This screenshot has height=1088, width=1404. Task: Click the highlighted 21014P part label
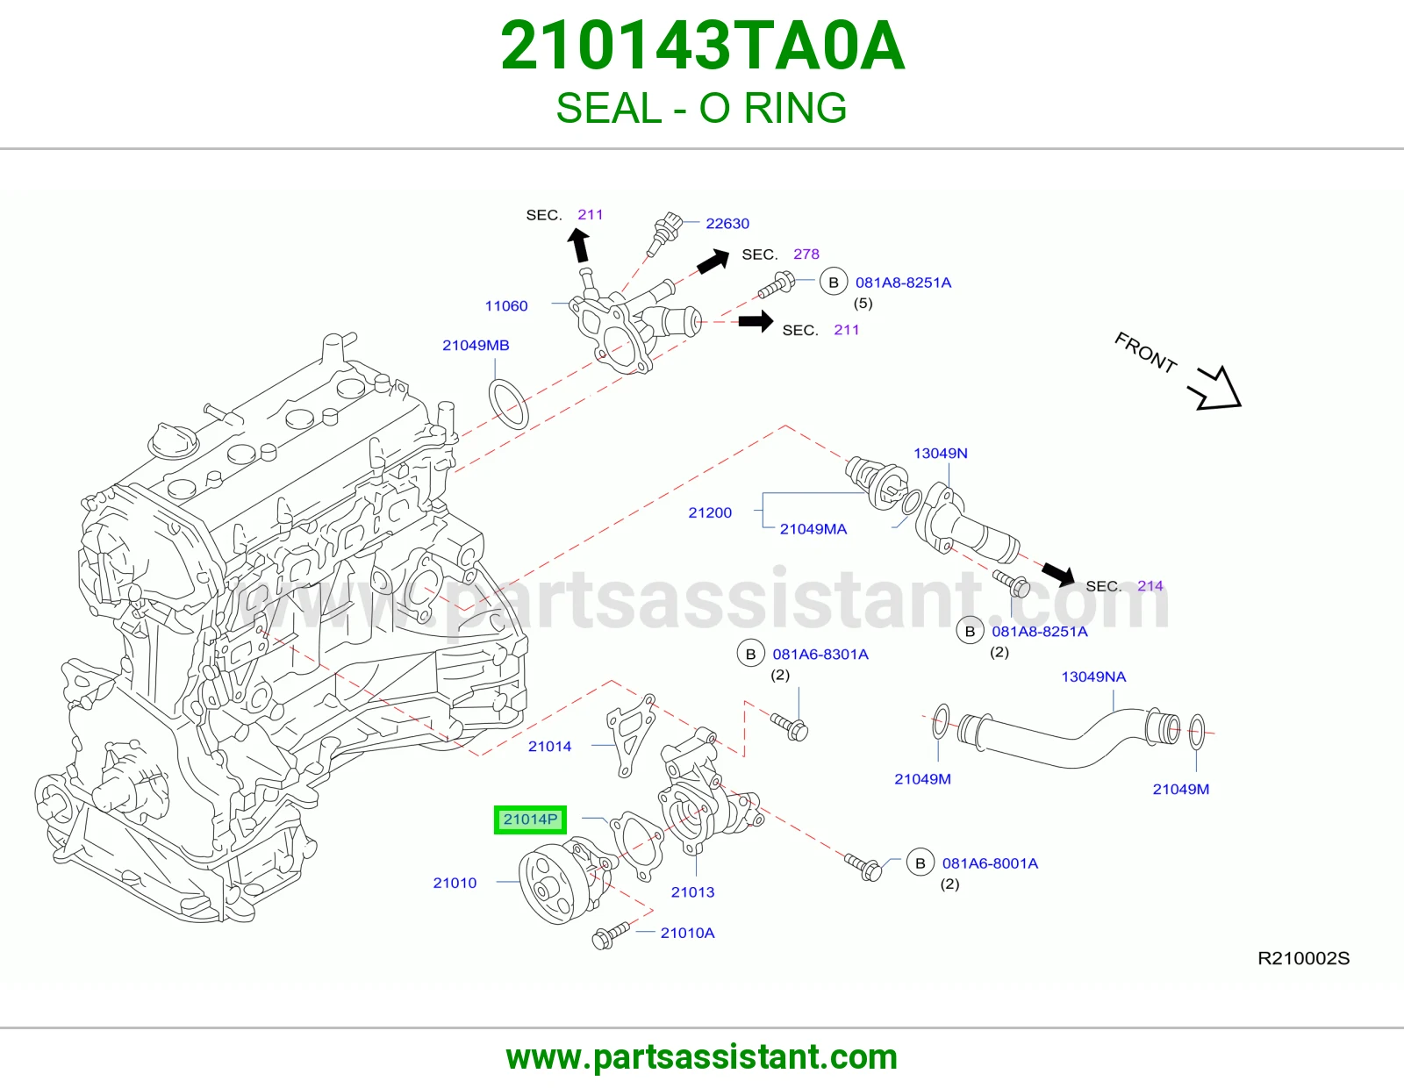coord(530,820)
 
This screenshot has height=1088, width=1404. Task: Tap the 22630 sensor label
coord(727,224)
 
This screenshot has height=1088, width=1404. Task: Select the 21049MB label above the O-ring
coord(476,345)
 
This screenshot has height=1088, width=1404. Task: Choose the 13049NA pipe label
coord(1093,676)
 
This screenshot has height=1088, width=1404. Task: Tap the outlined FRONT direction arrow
coord(1216,390)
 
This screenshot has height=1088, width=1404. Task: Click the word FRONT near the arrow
coord(1145,353)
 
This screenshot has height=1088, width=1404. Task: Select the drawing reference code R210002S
coord(1303,957)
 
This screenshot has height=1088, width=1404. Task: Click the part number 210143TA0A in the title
coord(702,46)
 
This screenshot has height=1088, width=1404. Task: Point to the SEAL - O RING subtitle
coord(701,108)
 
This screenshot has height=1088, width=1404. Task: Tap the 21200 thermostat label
coord(709,512)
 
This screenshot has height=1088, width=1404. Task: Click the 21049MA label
coord(813,529)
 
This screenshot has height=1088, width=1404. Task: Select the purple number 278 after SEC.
coord(806,254)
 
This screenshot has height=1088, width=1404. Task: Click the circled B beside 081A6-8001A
coord(920,863)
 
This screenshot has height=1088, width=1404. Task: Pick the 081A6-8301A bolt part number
coord(820,655)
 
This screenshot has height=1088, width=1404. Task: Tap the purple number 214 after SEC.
coord(1150,585)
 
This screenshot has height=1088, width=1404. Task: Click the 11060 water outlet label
coord(506,305)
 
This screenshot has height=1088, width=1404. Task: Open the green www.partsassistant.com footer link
coord(702,1057)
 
